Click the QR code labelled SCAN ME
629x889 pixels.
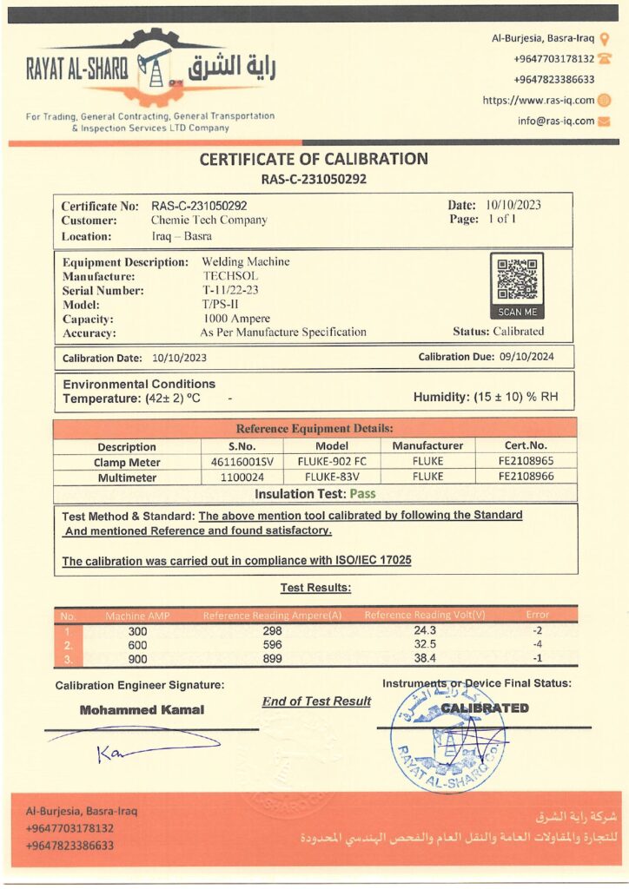pos(518,280)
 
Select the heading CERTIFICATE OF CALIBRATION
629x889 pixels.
pos(314,159)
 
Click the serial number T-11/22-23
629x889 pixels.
pos(230,290)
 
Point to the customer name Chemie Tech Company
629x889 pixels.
pos(209,221)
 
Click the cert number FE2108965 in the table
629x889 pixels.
pos(523,462)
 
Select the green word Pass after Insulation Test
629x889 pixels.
pos(364,494)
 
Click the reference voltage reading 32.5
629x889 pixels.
pos(425,645)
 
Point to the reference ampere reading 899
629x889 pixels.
pos(272,659)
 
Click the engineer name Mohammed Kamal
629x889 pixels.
pos(142,709)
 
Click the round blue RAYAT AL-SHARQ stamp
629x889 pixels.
pos(447,738)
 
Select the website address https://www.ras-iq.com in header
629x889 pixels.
pos(539,101)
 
